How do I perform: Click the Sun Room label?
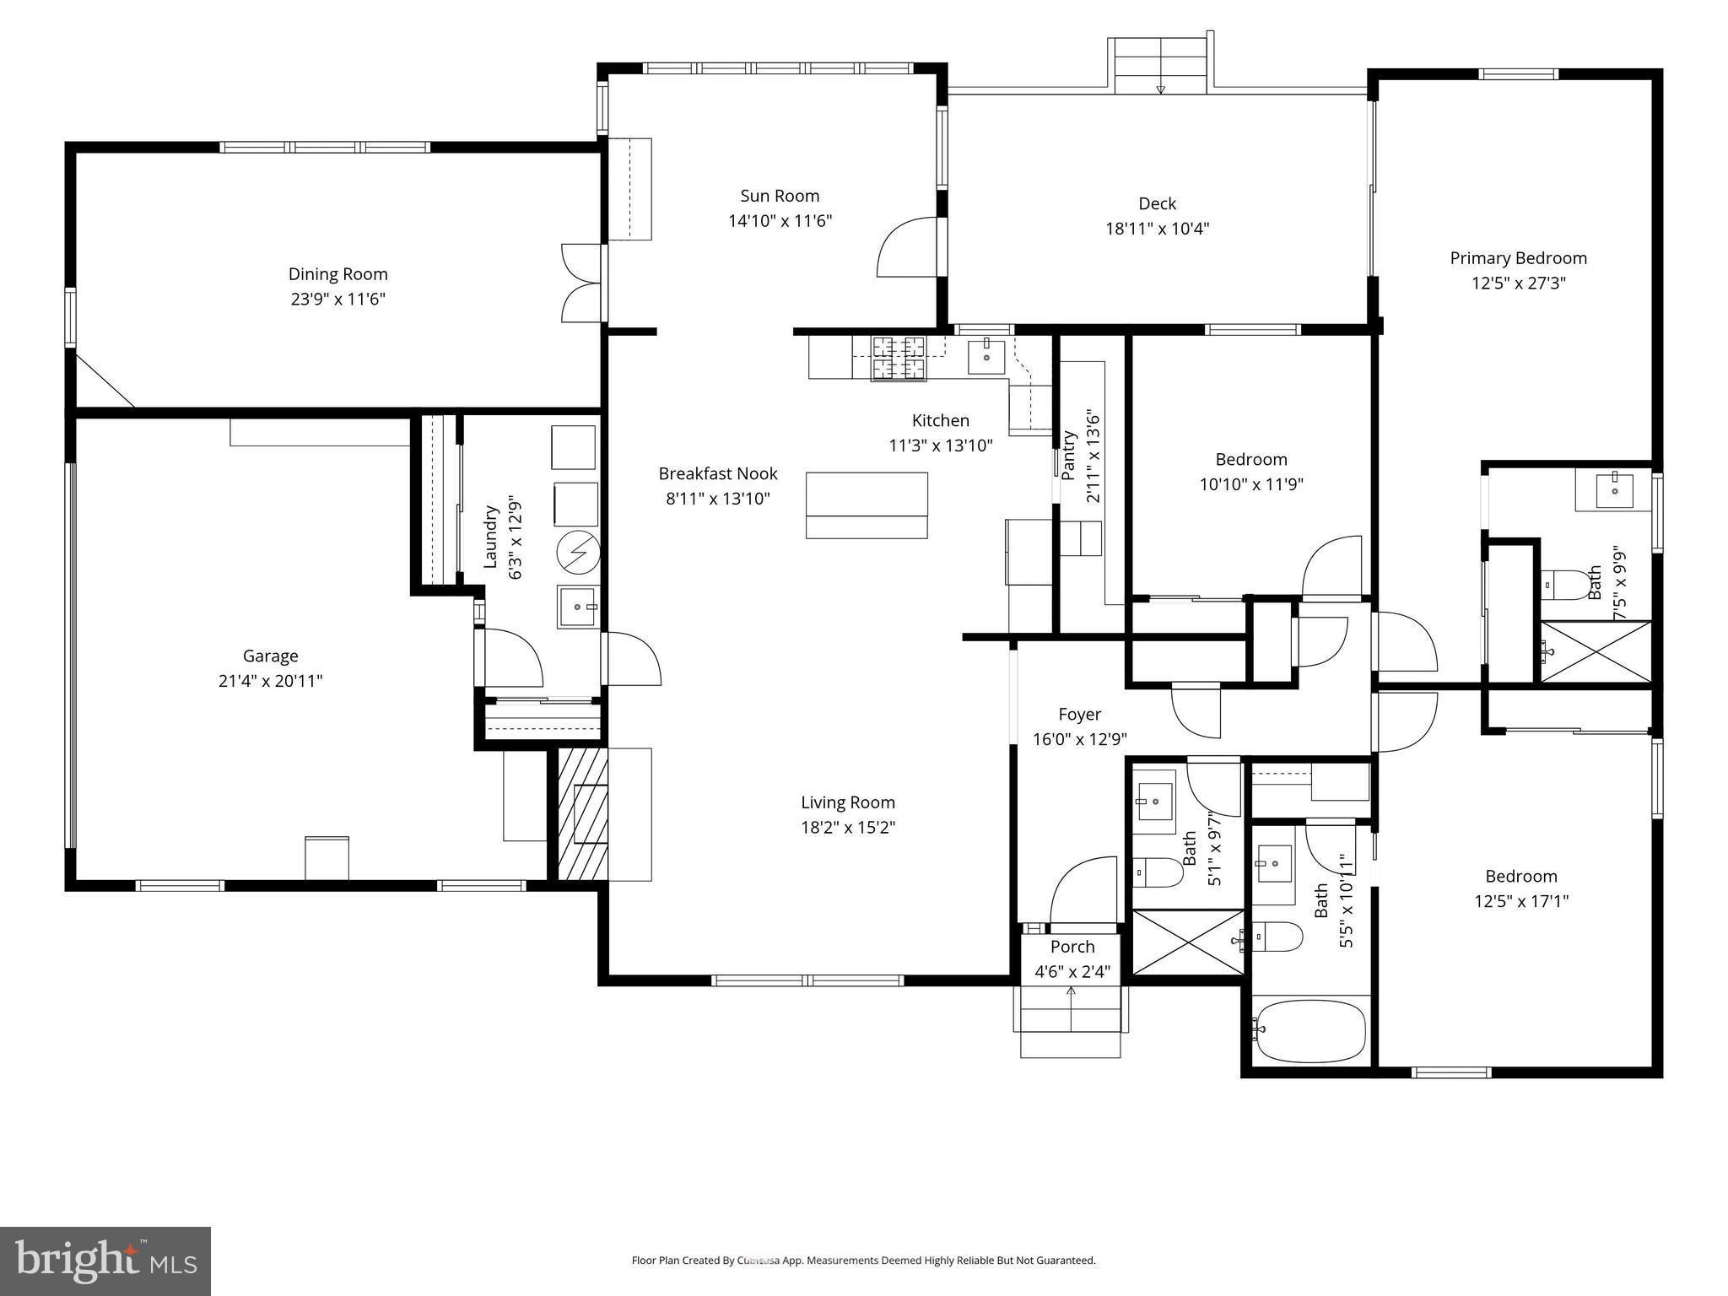(780, 196)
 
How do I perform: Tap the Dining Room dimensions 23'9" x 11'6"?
(337, 299)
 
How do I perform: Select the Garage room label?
(270, 656)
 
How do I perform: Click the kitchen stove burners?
(899, 358)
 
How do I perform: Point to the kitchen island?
(867, 505)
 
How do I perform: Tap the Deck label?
(1157, 203)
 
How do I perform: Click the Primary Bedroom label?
(1518, 258)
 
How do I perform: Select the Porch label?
(1072, 947)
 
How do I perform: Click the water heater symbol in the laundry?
(578, 553)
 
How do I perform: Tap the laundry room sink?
(578, 607)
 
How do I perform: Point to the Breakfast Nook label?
(718, 473)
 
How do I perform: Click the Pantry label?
(1069, 456)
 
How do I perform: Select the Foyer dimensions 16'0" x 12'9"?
(1079, 739)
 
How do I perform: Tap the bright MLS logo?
(105, 1261)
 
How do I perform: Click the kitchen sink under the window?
(986, 356)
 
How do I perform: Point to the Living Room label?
(847, 802)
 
